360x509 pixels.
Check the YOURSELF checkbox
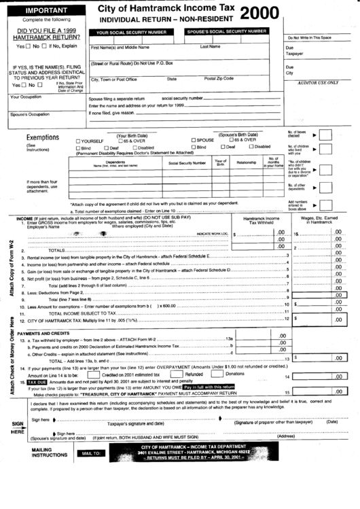coord(79,140)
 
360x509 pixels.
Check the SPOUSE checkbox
coord(193,140)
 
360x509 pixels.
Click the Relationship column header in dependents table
coord(246,162)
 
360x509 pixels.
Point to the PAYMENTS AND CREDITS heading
coord(43,334)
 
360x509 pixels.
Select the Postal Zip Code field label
coord(219,79)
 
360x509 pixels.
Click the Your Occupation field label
coord(26,97)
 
